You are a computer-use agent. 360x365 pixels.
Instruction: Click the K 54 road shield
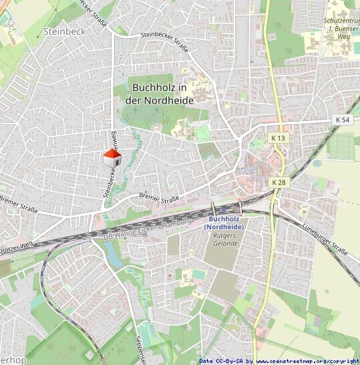pos(343,120)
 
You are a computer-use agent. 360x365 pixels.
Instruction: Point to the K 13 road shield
pos(278,138)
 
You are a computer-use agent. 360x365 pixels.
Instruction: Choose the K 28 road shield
pos(279,182)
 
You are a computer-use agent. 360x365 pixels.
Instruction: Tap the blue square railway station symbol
pos(223,210)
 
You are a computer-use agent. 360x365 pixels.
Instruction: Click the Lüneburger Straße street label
pos(326,239)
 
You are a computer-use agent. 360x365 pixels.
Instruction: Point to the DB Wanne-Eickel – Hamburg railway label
pos(148,229)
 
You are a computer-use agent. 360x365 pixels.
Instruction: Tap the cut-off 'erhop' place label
pos(13,360)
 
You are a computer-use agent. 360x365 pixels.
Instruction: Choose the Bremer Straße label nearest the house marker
pos(159,197)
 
